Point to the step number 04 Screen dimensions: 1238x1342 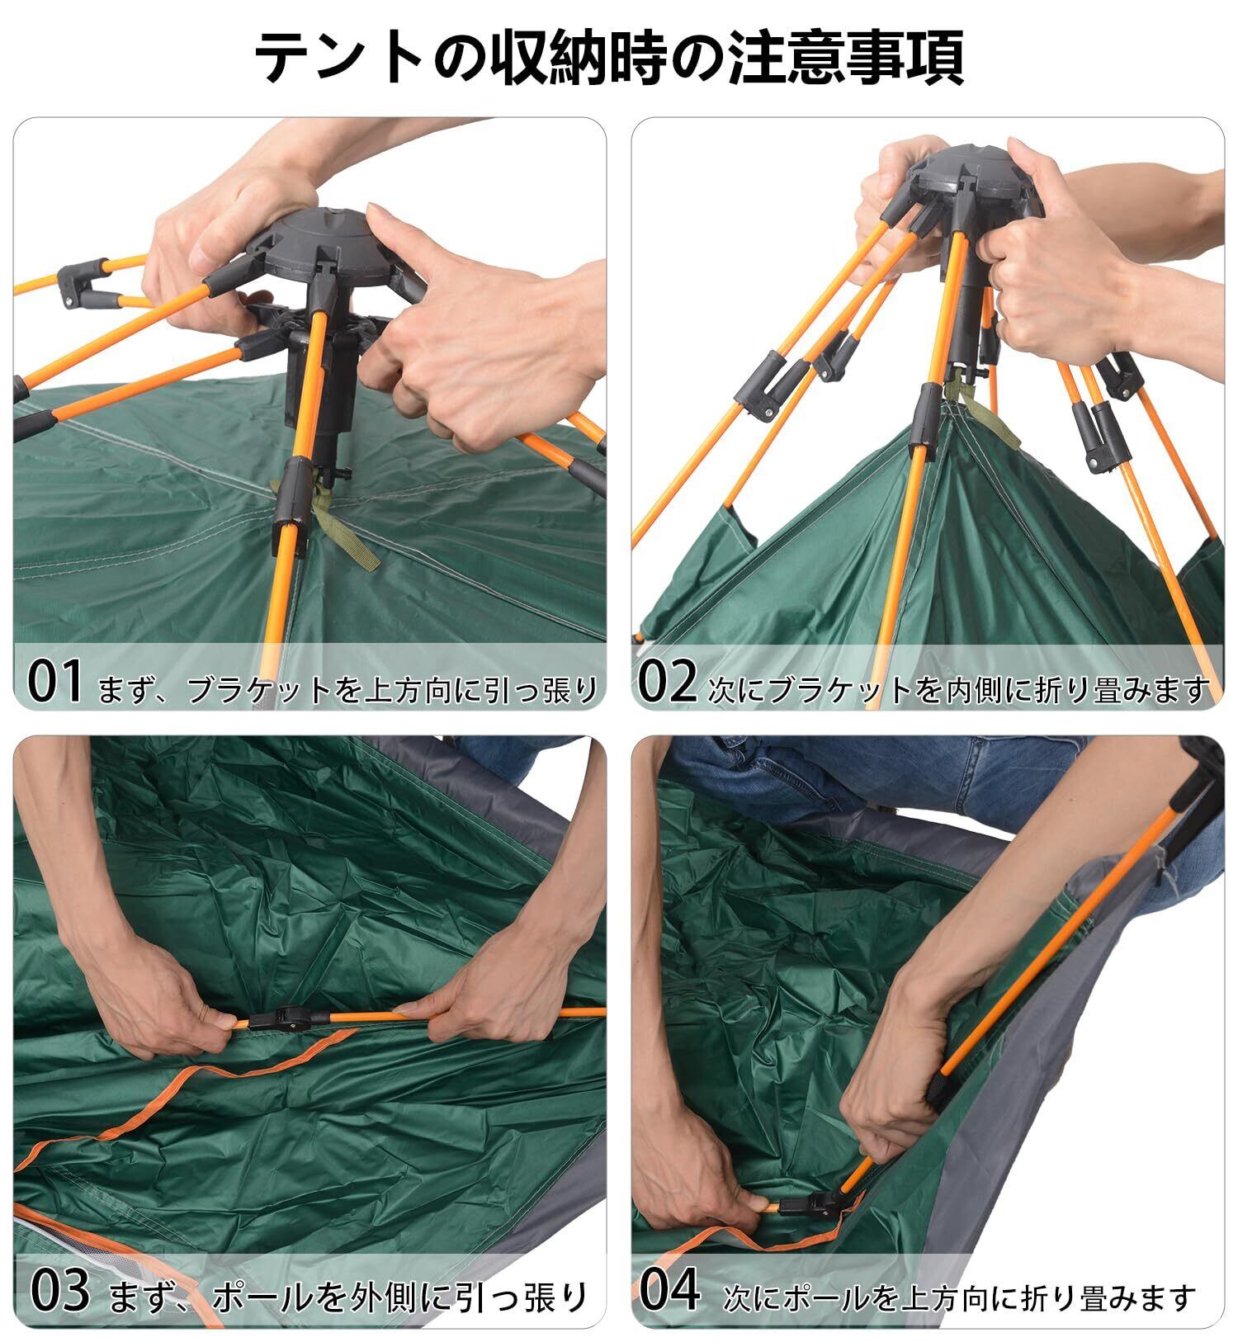coord(670,1290)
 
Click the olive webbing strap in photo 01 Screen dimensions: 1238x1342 coord(345,533)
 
